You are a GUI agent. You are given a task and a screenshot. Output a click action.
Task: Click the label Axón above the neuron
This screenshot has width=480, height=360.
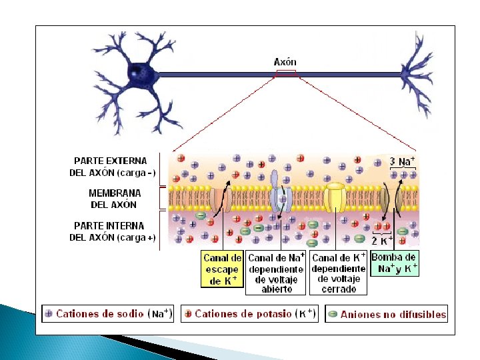285,62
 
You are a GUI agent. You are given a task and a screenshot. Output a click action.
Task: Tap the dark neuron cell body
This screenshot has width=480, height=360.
140,71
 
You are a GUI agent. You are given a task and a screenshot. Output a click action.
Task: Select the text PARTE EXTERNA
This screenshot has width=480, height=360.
111,161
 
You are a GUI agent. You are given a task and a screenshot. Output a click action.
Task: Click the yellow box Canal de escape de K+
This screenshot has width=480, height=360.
222,269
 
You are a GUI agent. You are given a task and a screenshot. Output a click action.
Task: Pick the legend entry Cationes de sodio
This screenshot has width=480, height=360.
108,313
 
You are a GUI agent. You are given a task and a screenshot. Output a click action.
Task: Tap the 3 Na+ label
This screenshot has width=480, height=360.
403,161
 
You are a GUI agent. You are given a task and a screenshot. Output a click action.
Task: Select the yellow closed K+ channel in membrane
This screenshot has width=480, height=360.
336,197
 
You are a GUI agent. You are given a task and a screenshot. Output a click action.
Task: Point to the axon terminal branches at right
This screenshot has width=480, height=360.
418,73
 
